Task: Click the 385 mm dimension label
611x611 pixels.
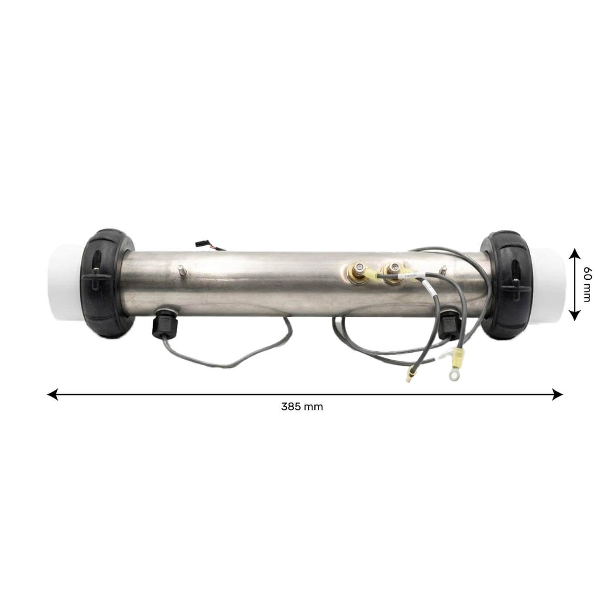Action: pos(302,407)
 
